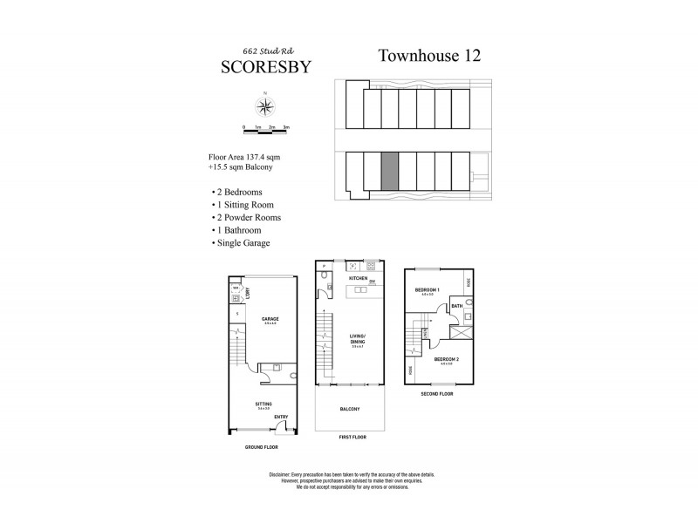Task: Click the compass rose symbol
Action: [264, 107]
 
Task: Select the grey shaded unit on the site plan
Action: [390, 171]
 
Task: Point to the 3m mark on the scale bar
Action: [286, 127]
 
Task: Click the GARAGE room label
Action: [270, 319]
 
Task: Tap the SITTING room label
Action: [263, 404]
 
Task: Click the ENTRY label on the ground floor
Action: [281, 417]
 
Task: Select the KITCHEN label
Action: [359, 278]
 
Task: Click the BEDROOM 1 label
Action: [427, 289]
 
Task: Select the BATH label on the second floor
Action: [456, 306]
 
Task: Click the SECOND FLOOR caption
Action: [437, 393]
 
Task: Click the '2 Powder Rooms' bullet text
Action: [245, 217]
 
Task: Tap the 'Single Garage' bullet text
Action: [241, 242]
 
